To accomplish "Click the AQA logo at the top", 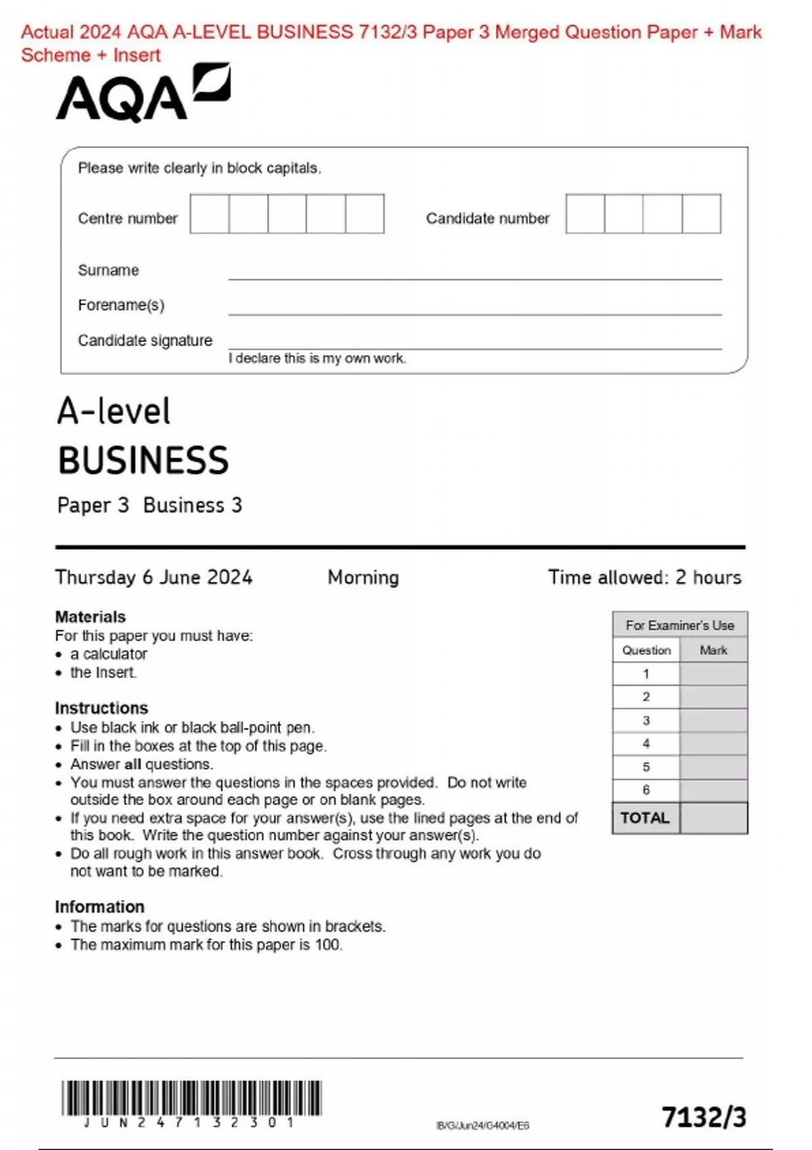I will (x=143, y=94).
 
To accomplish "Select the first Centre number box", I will (x=209, y=214).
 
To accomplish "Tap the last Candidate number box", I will (x=701, y=214).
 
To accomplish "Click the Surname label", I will (x=108, y=271).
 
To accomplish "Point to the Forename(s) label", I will (x=121, y=305).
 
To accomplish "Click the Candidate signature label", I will (x=145, y=340).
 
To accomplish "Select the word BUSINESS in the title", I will (x=143, y=461).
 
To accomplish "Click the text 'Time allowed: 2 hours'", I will (x=644, y=577).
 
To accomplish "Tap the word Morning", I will (x=363, y=577).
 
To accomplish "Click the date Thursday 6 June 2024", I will (x=154, y=577).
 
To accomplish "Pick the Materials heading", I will (x=90, y=617).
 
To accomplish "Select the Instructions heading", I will (x=101, y=708).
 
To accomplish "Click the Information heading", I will (x=99, y=906).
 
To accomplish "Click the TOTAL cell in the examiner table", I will (x=646, y=818).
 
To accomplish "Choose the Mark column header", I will (x=713, y=650).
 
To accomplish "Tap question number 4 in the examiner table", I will (x=646, y=743).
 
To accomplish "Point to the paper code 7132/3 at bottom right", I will (x=704, y=1117).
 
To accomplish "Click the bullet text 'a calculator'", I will (x=108, y=654).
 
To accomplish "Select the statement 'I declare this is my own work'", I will (x=317, y=359).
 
